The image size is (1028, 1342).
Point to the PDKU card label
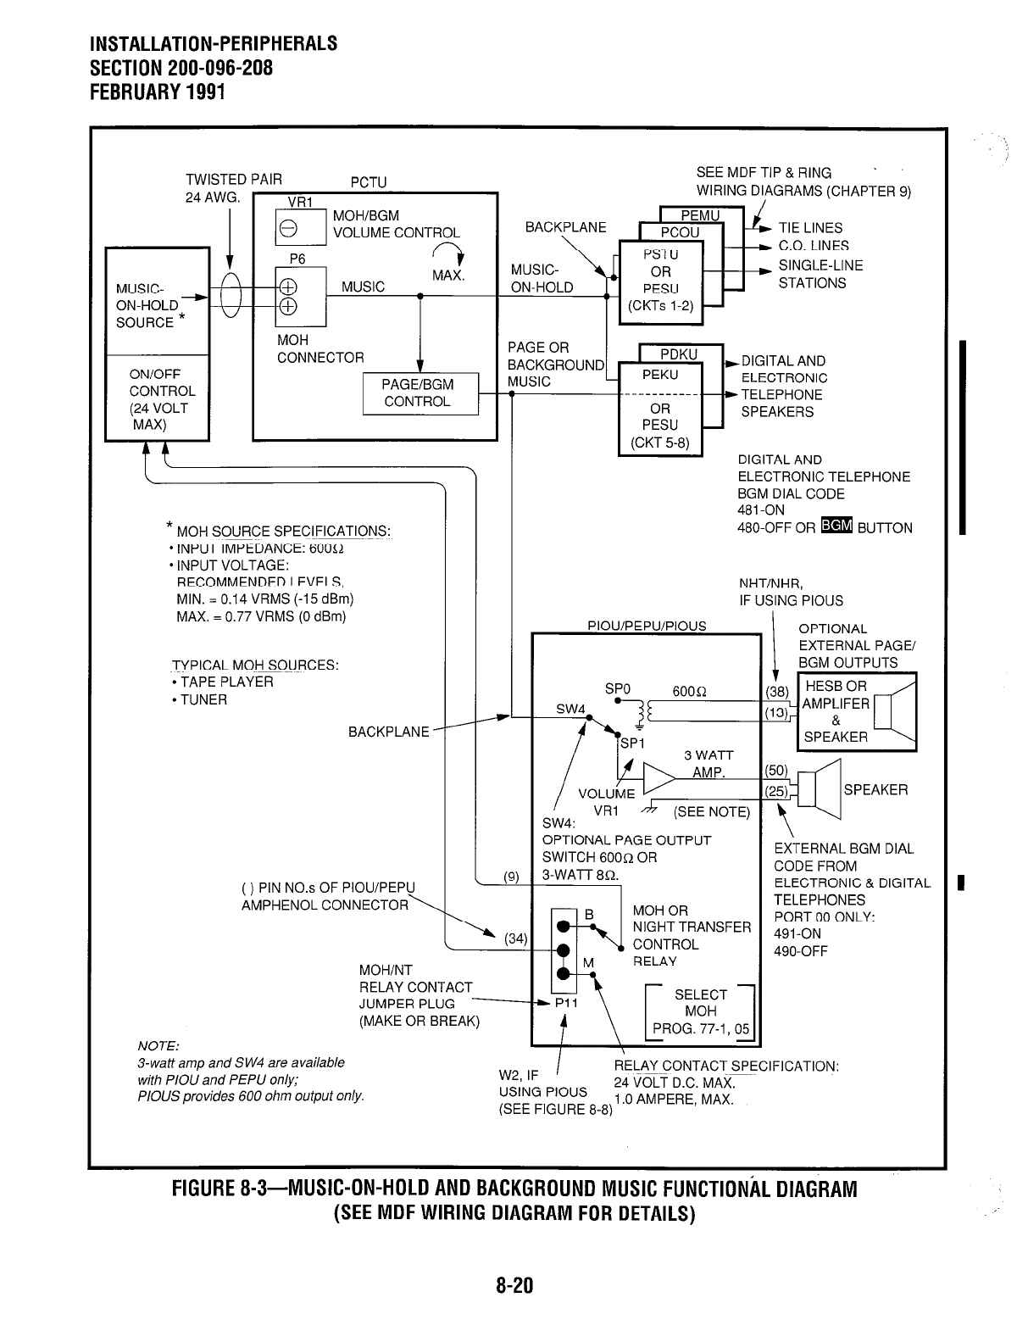pos(679,354)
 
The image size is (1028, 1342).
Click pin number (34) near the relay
pos(516,938)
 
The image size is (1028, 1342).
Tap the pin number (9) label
pos(511,877)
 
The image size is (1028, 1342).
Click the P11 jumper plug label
pos(566,1003)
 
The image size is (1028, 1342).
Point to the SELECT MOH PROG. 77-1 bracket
pos(700,1011)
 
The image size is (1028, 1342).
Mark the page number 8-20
pos(514,1286)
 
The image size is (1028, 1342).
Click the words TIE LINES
pos(810,228)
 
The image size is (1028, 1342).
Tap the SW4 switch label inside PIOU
pos(570,709)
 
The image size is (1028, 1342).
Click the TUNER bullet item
pos(203,700)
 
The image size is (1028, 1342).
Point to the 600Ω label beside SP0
pos(691,692)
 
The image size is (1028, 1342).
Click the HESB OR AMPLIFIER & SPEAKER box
pos(856,712)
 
